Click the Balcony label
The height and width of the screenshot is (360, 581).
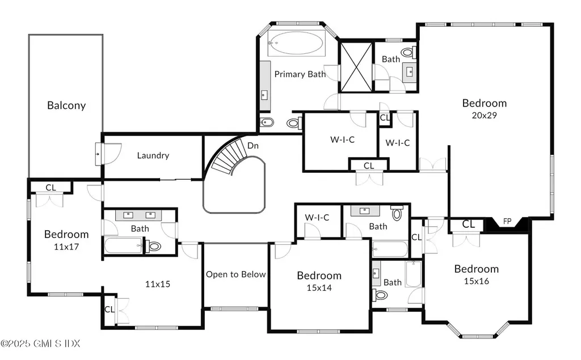coord(66,105)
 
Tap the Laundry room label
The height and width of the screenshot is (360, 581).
coord(153,155)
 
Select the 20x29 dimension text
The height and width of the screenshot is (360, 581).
coord(485,115)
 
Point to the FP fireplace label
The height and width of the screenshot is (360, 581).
coord(507,222)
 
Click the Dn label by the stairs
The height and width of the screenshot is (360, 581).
coord(252,146)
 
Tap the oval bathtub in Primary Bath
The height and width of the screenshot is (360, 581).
coord(296,43)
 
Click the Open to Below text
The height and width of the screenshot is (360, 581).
coord(236,274)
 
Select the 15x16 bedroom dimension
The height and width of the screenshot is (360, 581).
coord(477,281)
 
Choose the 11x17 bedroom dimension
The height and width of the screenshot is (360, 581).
coord(66,247)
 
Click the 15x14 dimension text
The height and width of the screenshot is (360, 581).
coord(319,288)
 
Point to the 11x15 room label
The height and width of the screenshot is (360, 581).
coord(158,284)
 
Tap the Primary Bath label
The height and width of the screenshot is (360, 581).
coord(300,74)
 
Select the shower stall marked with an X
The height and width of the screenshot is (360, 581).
coord(356,67)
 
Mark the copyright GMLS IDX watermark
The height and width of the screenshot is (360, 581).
coord(40,344)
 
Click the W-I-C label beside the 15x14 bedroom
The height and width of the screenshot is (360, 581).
coord(317,217)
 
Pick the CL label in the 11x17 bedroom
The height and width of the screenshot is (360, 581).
coord(50,188)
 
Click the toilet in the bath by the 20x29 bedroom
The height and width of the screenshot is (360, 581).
coord(409,53)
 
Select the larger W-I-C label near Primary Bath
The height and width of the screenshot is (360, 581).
coord(342,139)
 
